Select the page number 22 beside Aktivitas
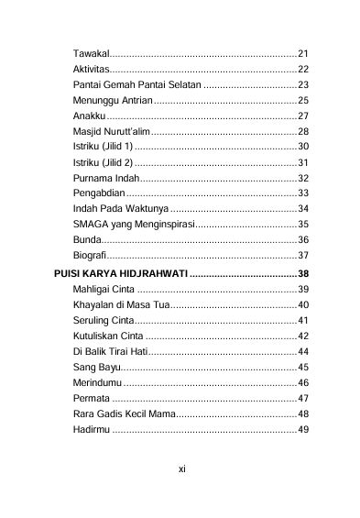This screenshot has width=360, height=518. [303, 69]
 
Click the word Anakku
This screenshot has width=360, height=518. [89, 116]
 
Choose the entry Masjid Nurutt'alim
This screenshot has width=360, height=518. [111, 132]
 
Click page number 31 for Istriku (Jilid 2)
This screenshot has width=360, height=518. [303, 162]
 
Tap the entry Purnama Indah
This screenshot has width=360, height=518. [104, 178]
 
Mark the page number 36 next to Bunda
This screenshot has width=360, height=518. [303, 239]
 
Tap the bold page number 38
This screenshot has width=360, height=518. [303, 273]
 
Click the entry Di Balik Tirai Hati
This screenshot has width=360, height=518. [110, 351]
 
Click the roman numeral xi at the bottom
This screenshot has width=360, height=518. [181, 468]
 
